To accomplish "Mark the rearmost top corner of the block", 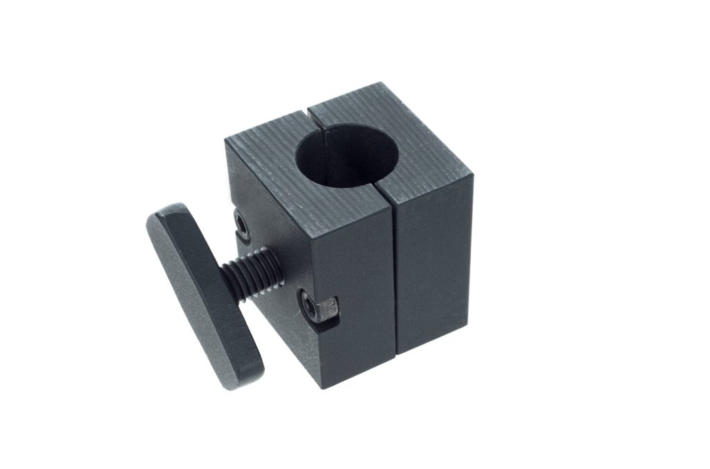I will click(x=381, y=83).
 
